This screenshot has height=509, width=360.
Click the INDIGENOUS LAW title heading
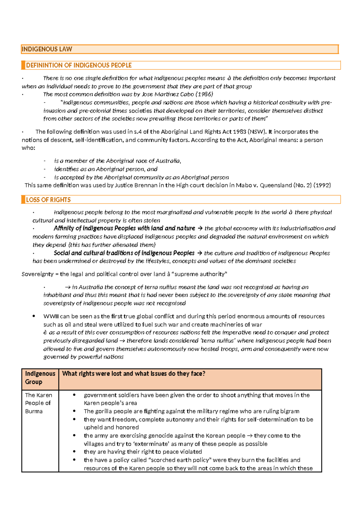[x=47, y=49]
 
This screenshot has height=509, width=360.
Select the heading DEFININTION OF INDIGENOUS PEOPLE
[x=79, y=65]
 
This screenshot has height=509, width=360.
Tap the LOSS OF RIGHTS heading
[x=48, y=200]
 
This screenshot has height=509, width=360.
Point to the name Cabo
[x=187, y=94]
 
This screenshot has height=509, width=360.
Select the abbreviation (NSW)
[x=257, y=132]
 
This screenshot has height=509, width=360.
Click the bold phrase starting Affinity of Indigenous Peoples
[x=124, y=228]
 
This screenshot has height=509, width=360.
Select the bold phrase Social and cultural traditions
[x=124, y=253]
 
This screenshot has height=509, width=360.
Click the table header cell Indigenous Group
[x=40, y=378]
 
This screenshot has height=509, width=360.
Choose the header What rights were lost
[x=133, y=374]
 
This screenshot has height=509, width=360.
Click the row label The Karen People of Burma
[x=38, y=403]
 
